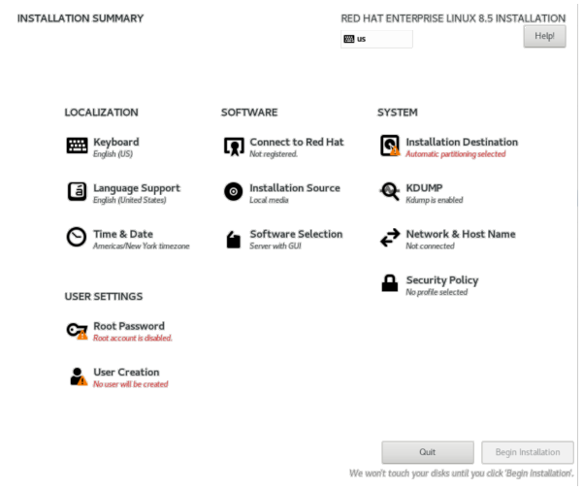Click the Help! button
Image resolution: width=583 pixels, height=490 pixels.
(x=544, y=36)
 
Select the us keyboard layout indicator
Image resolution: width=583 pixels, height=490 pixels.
(x=376, y=39)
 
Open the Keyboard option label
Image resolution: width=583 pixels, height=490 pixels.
(x=115, y=142)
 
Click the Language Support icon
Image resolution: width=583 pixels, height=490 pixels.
(x=77, y=191)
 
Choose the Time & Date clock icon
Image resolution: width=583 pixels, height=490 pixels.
(x=77, y=238)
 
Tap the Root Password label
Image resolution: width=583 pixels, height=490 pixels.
(x=129, y=326)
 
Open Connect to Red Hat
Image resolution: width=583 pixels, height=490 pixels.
(x=296, y=142)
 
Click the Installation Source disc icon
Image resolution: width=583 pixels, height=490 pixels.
(x=233, y=191)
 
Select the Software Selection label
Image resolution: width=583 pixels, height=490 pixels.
(x=296, y=234)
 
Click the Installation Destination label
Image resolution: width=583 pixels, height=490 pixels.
(x=462, y=142)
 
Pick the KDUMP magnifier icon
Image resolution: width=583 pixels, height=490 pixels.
(x=389, y=191)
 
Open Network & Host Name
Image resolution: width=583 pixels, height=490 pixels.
(x=460, y=234)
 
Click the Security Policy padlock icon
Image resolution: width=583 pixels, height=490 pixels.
(x=389, y=283)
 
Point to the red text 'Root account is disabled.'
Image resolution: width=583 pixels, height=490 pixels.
(x=132, y=339)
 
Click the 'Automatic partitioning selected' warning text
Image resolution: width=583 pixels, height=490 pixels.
(x=455, y=154)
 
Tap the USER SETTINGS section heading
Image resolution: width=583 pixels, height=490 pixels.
(x=104, y=296)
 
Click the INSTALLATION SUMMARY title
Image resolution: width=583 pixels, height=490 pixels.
(x=81, y=18)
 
